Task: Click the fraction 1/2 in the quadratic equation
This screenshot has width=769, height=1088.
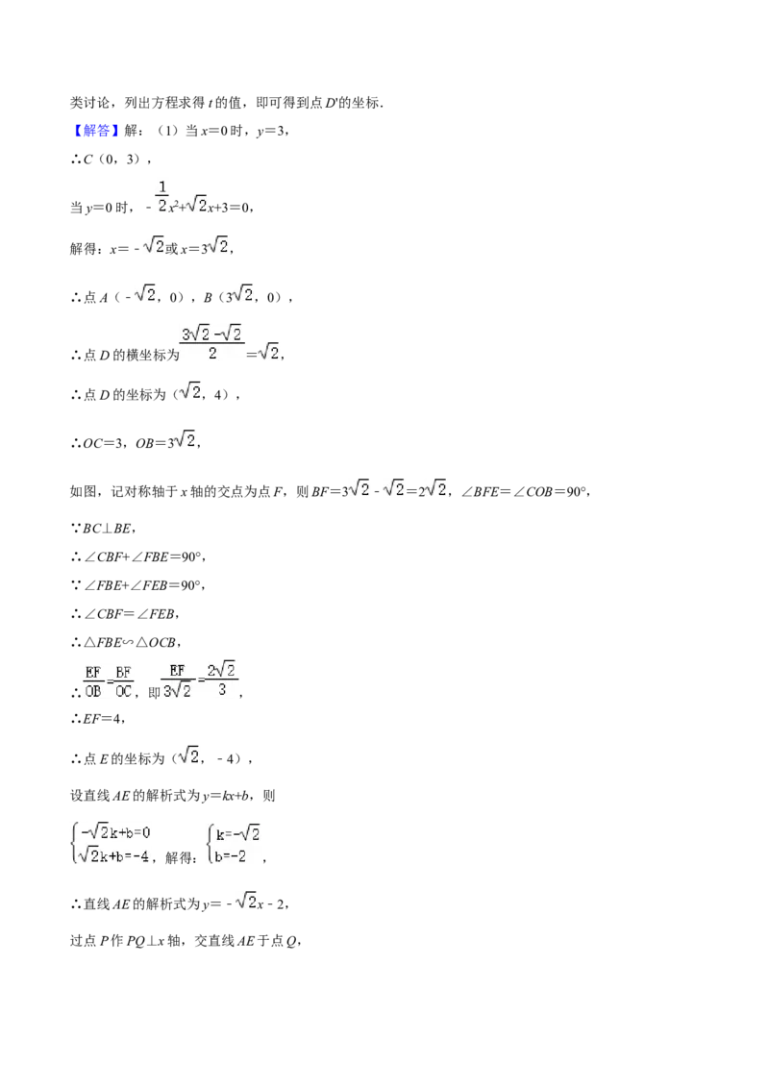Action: coord(162,196)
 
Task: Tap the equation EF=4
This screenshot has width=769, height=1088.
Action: coord(103,719)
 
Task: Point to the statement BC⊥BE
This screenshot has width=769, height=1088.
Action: coord(108,528)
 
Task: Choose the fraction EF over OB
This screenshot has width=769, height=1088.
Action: coord(93,681)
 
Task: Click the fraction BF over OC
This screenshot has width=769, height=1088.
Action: coord(123,681)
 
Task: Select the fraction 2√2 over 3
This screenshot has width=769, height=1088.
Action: coord(221,680)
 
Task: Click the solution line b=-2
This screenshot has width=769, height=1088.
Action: coord(231,856)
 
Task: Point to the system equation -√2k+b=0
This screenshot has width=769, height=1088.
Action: coord(115,831)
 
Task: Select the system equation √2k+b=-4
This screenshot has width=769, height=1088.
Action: coord(113,855)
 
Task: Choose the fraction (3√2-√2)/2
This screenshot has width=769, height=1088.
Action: coord(211,343)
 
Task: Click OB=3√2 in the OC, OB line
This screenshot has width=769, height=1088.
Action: coord(166,440)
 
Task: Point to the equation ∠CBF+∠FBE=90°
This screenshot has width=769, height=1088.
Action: coord(143,556)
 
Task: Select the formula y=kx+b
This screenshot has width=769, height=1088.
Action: coord(227,796)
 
